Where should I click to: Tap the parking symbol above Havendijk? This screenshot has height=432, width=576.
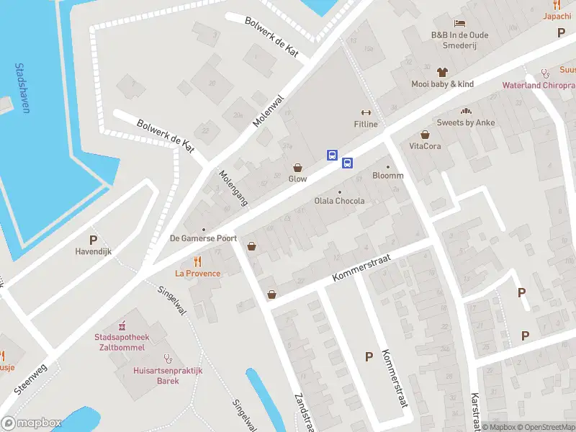coord(92,240)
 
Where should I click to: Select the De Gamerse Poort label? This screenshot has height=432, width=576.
coord(203,238)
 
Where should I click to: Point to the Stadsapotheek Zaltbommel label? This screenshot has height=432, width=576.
coord(120,341)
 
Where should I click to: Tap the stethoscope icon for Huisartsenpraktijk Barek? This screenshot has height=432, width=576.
coord(168,357)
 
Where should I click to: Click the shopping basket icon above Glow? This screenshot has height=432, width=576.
coord(297,167)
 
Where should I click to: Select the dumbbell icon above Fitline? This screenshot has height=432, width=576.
coord(365,112)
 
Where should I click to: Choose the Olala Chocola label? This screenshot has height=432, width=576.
coord(340,201)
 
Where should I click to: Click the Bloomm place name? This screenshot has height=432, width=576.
coord(388,176)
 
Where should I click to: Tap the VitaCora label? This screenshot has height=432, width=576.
coord(425,146)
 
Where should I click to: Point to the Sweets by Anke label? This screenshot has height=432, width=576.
coord(466,122)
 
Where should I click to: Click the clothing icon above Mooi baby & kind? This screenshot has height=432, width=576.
coord(443,72)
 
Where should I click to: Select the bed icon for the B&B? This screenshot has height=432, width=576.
coord(459,23)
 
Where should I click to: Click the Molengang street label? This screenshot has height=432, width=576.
coord(233,189)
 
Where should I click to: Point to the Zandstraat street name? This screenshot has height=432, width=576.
coord(304,413)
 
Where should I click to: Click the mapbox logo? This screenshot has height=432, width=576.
coord(32,423)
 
